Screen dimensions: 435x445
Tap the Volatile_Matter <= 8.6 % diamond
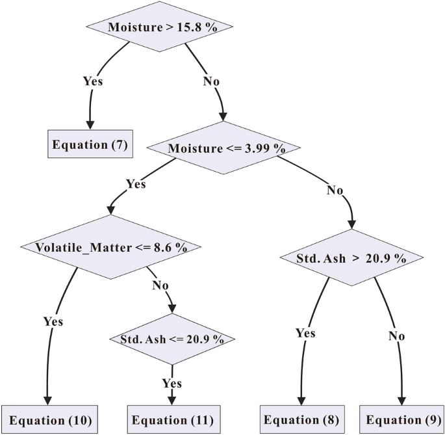111,247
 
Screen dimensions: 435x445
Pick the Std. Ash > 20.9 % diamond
351,257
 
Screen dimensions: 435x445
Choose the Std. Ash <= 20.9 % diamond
172,339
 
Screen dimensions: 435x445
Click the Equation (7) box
90,144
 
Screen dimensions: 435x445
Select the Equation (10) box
49,419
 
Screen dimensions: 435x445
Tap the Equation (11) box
172,419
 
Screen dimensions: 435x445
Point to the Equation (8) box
300,419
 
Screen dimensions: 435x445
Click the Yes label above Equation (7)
93,81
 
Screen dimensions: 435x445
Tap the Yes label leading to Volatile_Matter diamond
136,184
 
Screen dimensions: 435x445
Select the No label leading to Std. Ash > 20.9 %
335,191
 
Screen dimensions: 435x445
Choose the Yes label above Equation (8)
305,333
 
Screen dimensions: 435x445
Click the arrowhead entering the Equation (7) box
90,125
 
